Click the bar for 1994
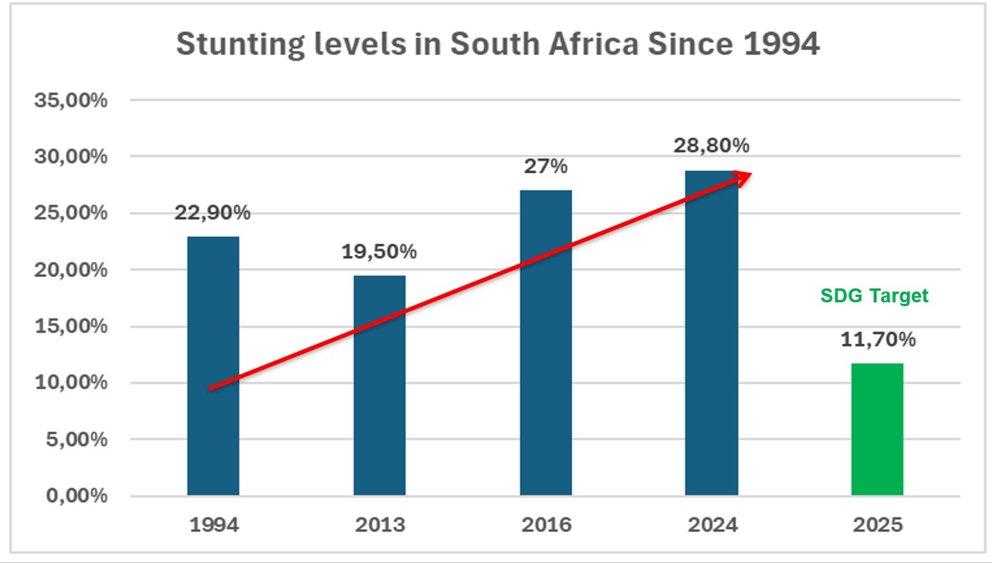(x=213, y=366)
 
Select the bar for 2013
(x=379, y=386)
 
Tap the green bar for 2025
(x=877, y=429)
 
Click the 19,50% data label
(x=379, y=251)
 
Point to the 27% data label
(x=546, y=166)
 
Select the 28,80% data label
(x=712, y=145)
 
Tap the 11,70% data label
(x=878, y=339)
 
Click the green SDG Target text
(x=874, y=296)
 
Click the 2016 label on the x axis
(x=546, y=525)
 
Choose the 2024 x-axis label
(x=712, y=525)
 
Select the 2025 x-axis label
(x=878, y=525)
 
